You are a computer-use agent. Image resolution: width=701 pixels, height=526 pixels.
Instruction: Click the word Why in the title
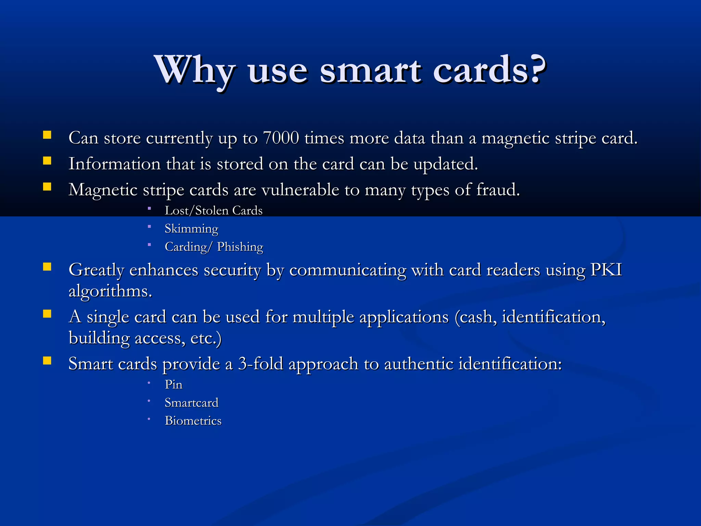pyautogui.click(x=194, y=70)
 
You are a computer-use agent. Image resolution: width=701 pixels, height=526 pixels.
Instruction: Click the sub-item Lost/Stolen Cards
pyautogui.click(x=214, y=211)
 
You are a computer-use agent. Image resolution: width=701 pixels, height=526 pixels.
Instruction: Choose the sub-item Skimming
pyautogui.click(x=191, y=229)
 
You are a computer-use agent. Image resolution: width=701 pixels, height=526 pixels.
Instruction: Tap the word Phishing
pyautogui.click(x=240, y=247)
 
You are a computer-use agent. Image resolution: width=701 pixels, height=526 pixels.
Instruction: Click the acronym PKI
pyautogui.click(x=606, y=270)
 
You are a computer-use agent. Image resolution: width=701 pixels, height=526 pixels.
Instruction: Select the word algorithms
pyautogui.click(x=110, y=291)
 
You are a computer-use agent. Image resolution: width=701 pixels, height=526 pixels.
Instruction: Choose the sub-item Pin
pyautogui.click(x=174, y=385)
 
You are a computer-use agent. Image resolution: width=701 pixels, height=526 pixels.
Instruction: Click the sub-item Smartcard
pyautogui.click(x=191, y=403)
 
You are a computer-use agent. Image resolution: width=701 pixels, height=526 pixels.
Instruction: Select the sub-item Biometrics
pyautogui.click(x=193, y=421)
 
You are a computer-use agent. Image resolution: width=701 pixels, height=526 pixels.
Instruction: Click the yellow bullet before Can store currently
pyautogui.click(x=47, y=135)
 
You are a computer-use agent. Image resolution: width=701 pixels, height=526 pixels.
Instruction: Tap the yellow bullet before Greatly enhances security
pyautogui.click(x=47, y=266)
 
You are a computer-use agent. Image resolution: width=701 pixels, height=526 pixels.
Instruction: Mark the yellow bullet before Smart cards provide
pyautogui.click(x=47, y=360)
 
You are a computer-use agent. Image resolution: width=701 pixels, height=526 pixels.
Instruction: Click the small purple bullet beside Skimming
pyautogui.click(x=149, y=226)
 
